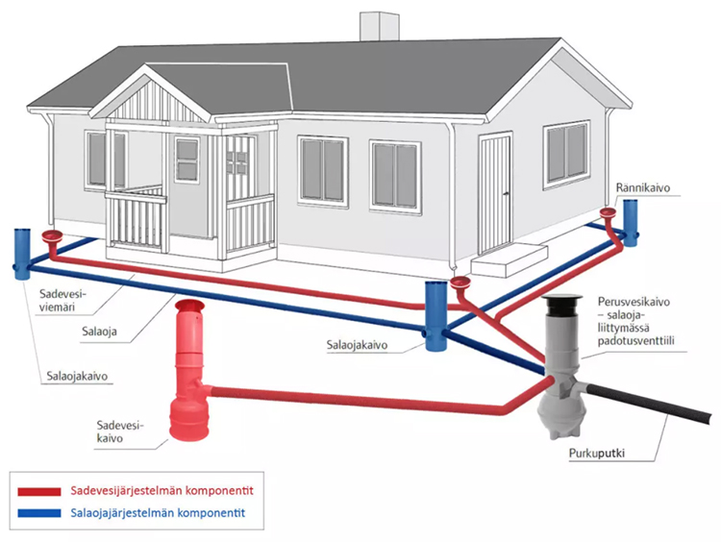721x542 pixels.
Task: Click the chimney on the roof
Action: [x=376, y=26]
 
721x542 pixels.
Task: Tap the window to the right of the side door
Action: [x=566, y=156]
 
